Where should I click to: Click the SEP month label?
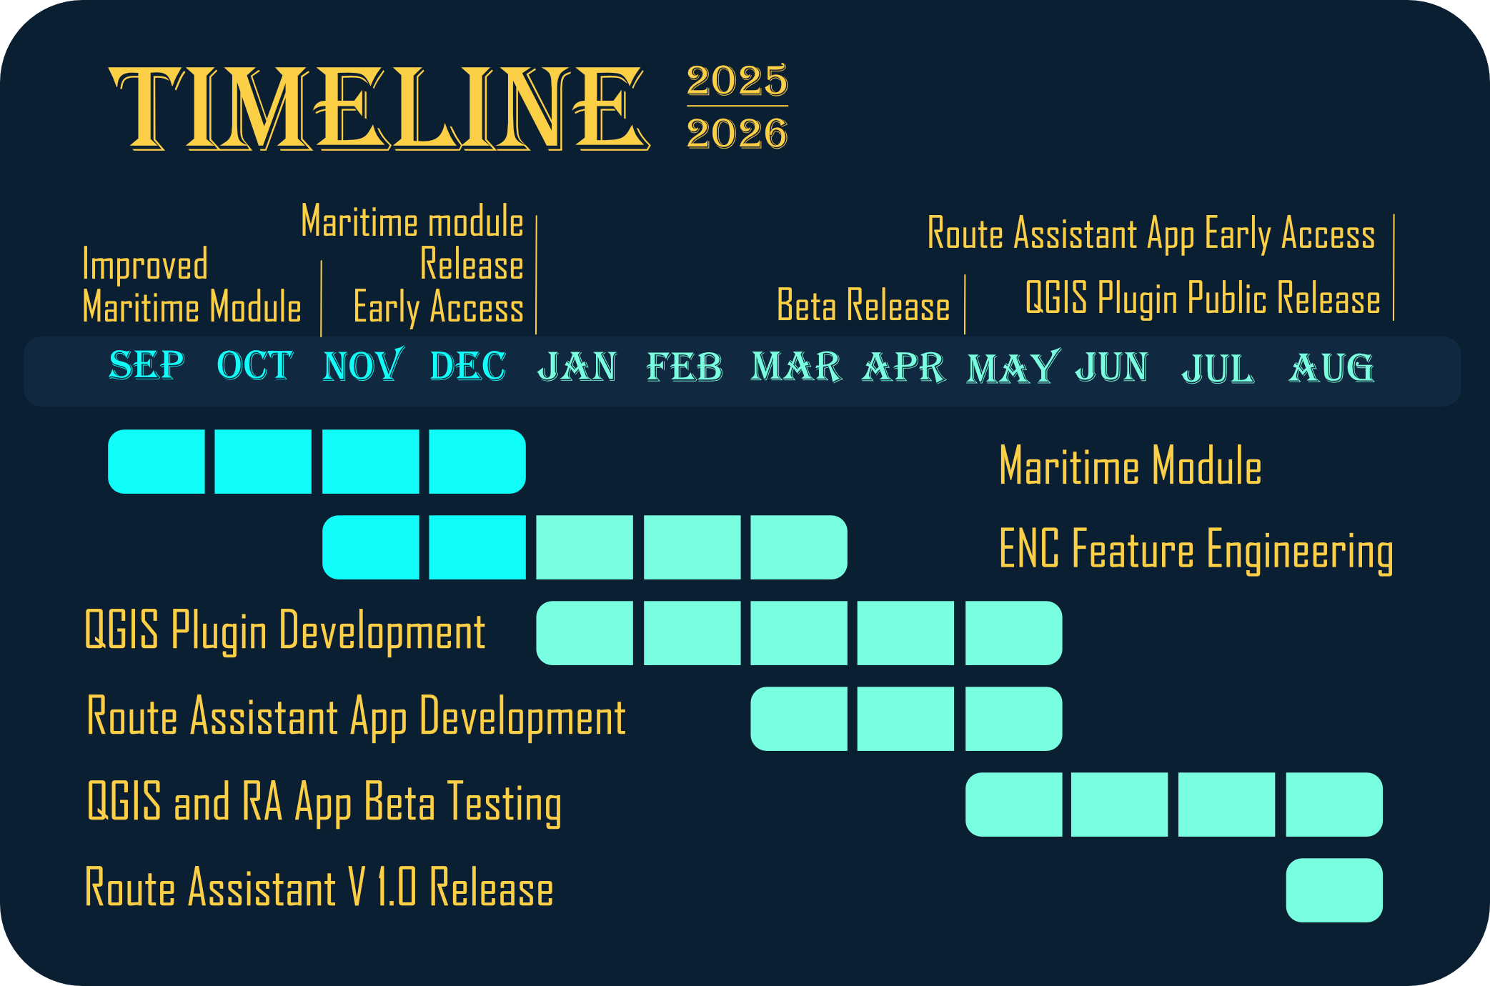point(146,365)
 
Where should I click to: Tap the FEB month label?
point(684,367)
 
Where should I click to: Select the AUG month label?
point(1331,368)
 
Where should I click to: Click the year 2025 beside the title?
point(737,80)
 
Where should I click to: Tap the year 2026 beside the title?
point(737,133)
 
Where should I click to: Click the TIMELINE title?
point(379,109)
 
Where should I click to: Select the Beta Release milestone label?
point(863,306)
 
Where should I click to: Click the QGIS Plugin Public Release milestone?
point(1203,299)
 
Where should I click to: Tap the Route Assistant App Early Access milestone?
point(1151,234)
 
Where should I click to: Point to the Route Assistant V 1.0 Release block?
point(1334,890)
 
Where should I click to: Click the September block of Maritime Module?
point(157,462)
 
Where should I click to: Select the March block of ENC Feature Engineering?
point(799,547)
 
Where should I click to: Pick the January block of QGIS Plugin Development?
point(585,633)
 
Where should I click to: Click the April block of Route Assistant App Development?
point(905,719)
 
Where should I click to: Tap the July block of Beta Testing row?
point(1226,805)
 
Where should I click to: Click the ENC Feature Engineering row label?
point(1196,550)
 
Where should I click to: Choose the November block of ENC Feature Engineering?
point(371,547)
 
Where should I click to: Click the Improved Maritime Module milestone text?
point(192,287)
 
